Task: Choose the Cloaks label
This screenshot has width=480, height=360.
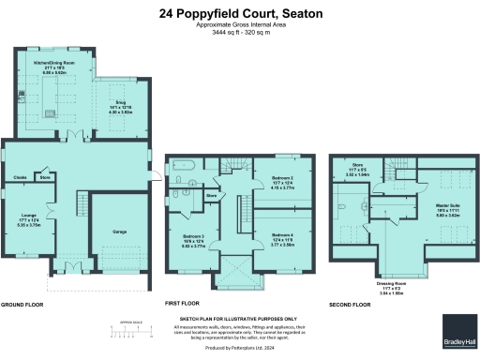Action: click(x=20, y=176)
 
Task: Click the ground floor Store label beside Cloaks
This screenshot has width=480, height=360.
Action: click(x=44, y=176)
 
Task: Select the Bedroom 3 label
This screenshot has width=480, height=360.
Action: click(x=192, y=236)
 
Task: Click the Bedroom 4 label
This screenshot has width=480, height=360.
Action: click(x=282, y=236)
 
